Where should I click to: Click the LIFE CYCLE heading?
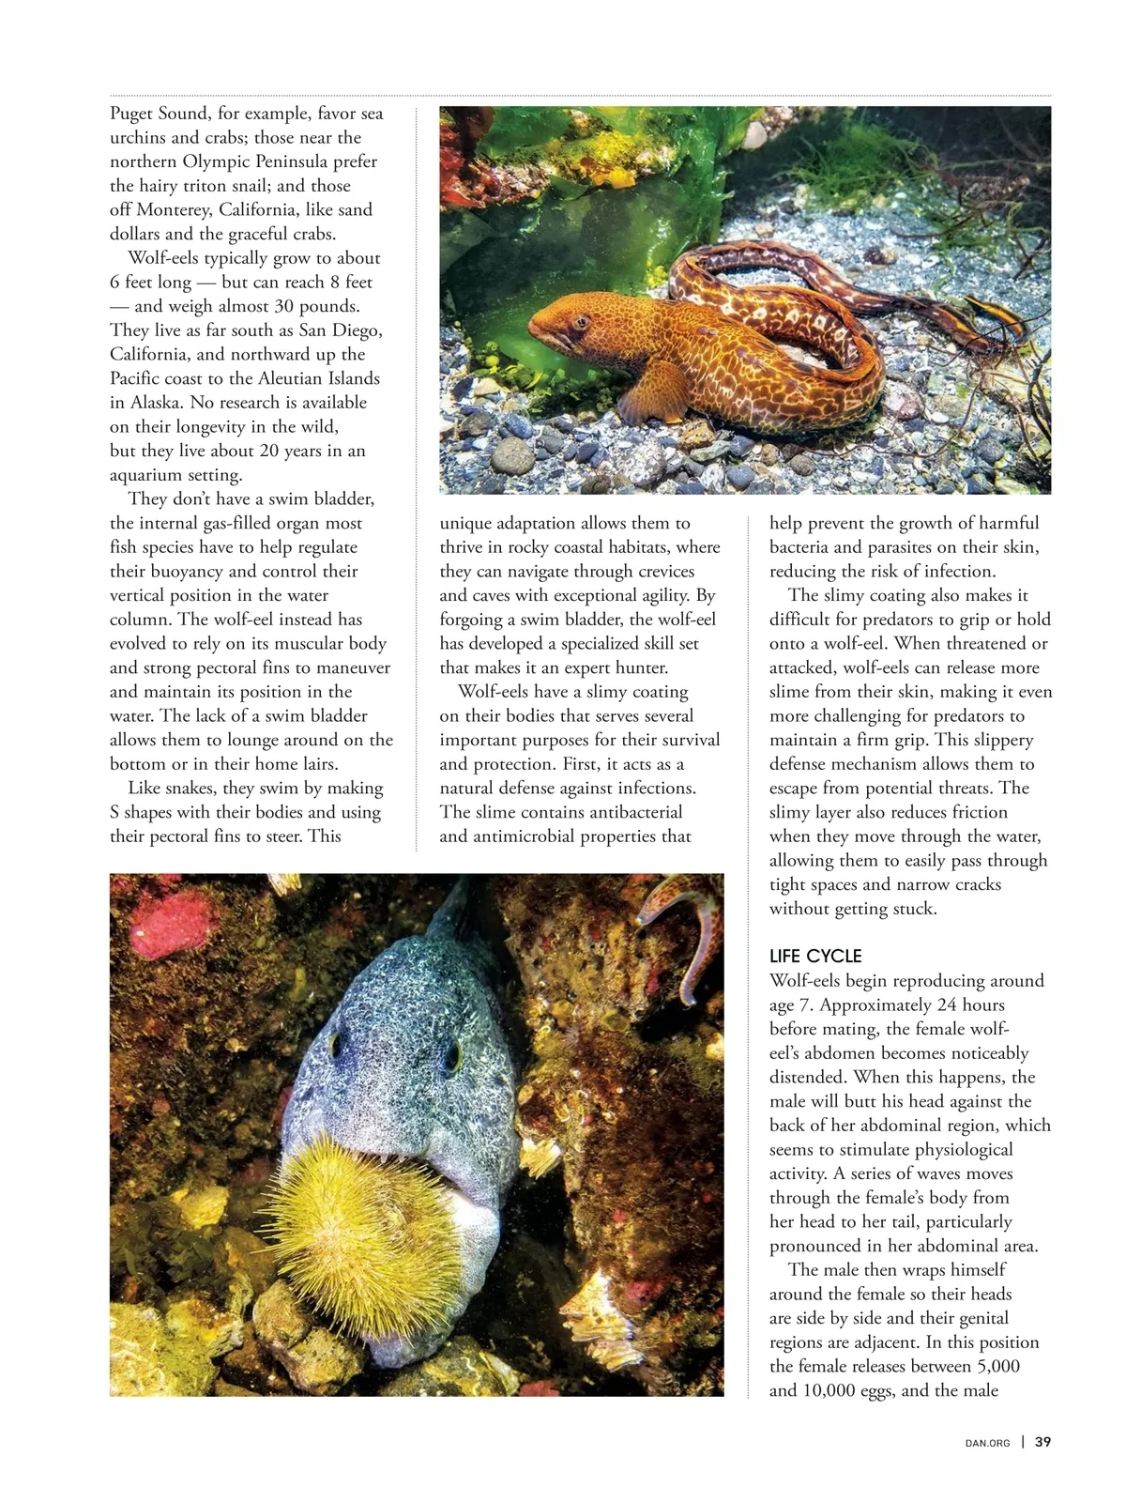814,956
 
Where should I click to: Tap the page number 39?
1042,1443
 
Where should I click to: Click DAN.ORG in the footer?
987,1444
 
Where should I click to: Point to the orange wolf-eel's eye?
582,322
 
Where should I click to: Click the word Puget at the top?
132,114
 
